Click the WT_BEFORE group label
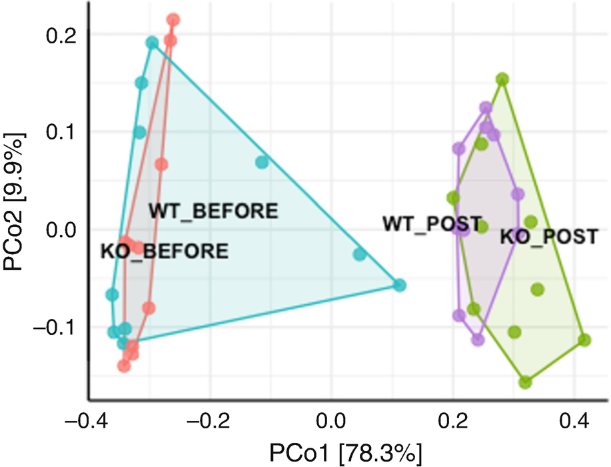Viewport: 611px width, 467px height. [213, 211]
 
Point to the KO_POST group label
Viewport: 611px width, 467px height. [549, 236]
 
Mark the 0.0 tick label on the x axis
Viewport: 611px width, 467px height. [330, 422]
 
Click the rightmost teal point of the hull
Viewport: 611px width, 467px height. [400, 286]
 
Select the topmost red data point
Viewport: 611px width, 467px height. [173, 20]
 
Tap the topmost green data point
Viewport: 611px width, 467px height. [502, 79]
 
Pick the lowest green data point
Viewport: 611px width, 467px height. [526, 382]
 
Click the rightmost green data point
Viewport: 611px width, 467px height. [584, 340]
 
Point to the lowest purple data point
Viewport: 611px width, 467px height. [477, 340]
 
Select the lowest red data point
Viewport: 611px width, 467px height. [124, 366]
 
